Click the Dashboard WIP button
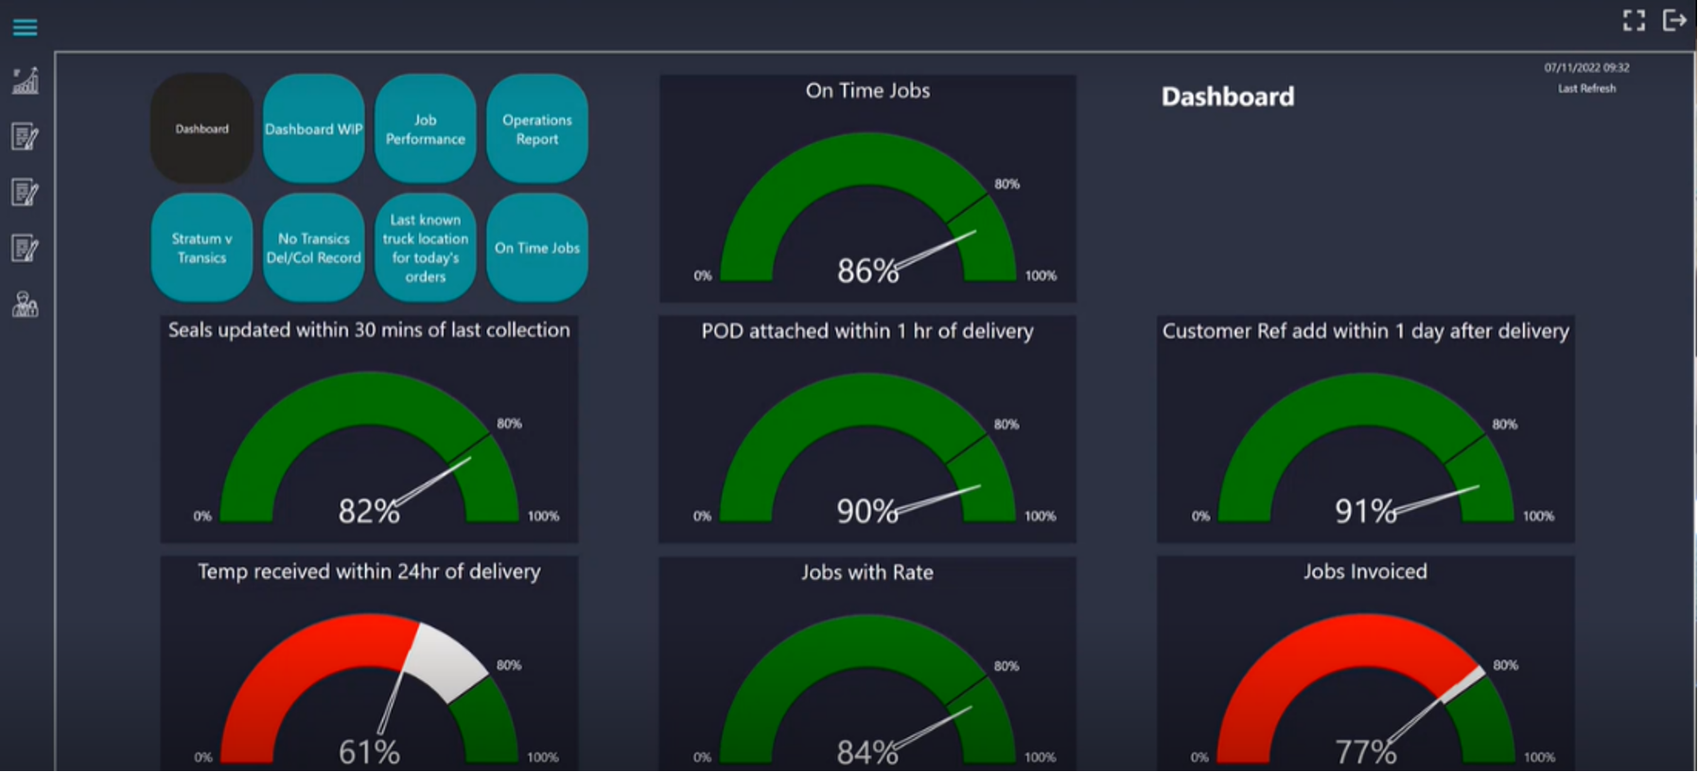(313, 130)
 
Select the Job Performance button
(425, 130)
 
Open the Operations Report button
(536, 130)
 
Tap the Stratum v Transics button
(201, 248)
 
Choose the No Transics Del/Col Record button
(313, 248)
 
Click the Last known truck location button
(425, 248)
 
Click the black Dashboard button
(201, 130)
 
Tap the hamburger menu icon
(26, 27)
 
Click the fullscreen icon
(1634, 20)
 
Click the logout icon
(1674, 20)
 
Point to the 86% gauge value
(867, 272)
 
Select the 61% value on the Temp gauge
(369, 752)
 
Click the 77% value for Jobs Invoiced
(1365, 752)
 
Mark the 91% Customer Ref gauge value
(1365, 512)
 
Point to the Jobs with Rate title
(867, 572)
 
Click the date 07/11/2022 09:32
(1586, 68)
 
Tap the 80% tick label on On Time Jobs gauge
(1007, 184)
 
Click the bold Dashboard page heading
(1227, 96)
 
